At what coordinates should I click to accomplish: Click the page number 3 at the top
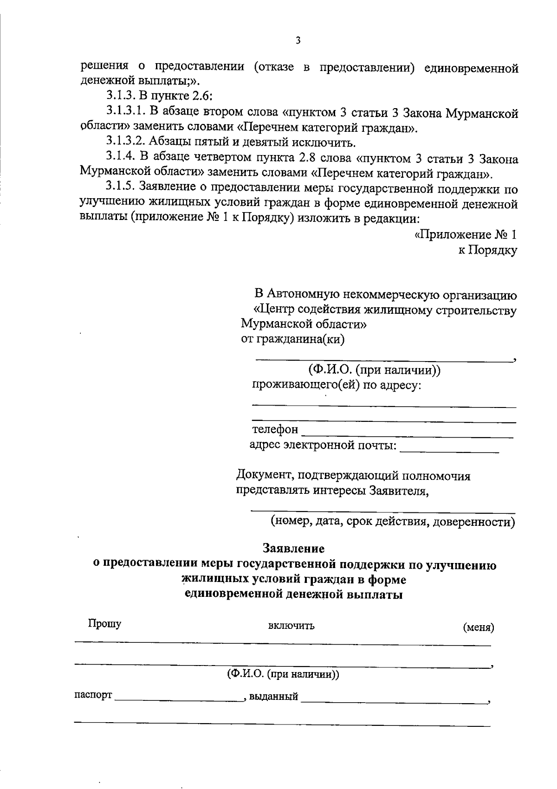298,40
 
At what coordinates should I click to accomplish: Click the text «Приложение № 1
466,234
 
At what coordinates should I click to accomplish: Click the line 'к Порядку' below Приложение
487,251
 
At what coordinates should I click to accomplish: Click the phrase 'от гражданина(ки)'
293,339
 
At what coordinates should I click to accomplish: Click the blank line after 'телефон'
408,433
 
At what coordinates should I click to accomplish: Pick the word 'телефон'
275,430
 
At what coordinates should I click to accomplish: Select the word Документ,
264,476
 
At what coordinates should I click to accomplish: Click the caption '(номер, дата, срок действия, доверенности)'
393,522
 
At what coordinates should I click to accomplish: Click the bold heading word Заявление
293,549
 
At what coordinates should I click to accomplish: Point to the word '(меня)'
479,628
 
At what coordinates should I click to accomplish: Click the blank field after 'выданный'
394,698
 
